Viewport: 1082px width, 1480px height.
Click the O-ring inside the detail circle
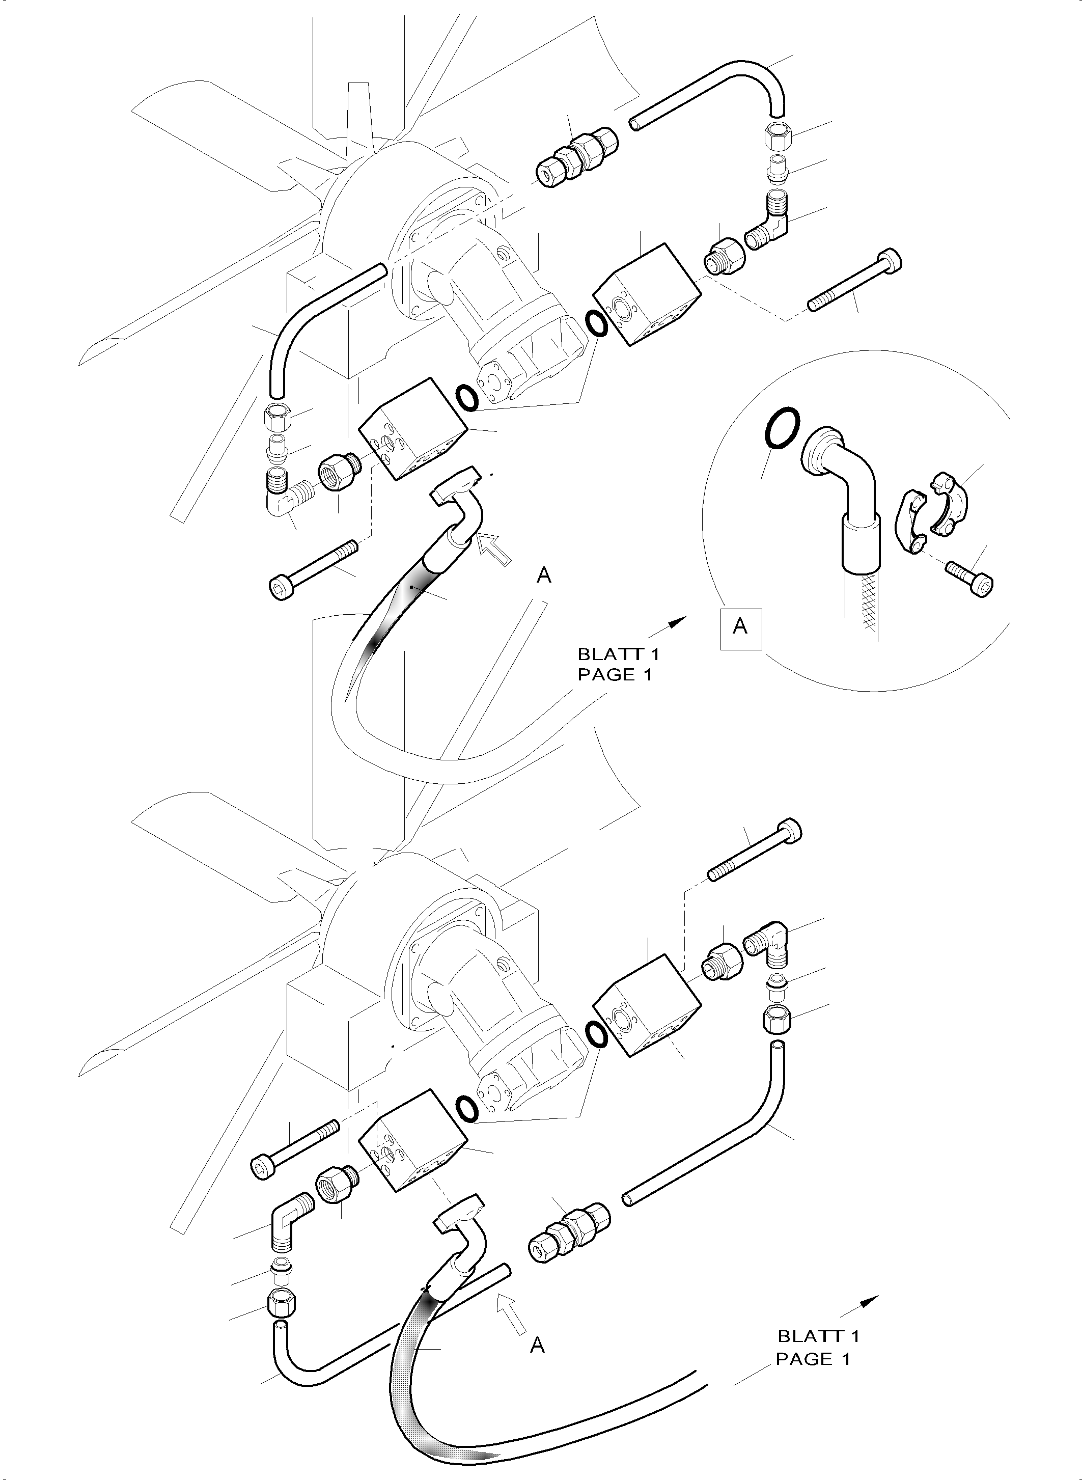[782, 429]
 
